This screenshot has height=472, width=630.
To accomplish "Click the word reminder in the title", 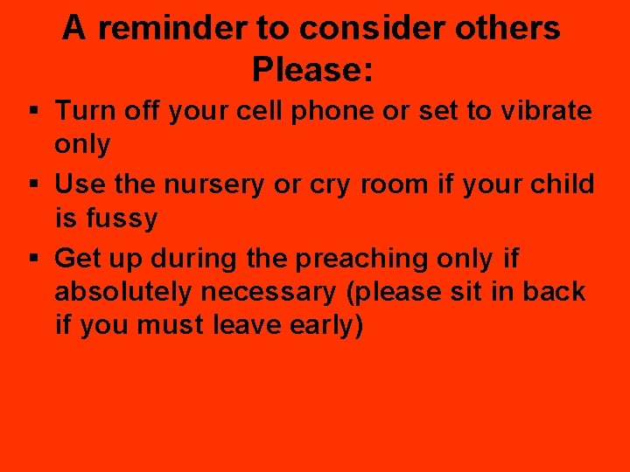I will click(171, 29).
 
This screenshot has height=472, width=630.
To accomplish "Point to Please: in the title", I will click(312, 70).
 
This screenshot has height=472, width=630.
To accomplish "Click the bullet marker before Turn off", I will click(32, 112).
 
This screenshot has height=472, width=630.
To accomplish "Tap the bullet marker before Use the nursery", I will click(32, 185).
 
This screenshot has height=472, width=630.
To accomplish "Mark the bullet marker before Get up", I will click(32, 259).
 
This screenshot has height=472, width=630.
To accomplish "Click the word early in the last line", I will click(332, 325).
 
